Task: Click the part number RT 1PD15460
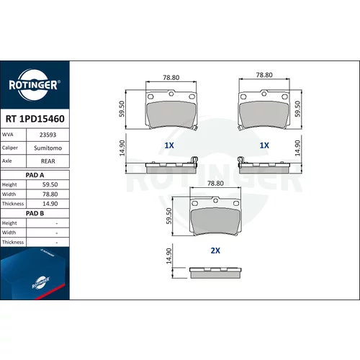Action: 35,119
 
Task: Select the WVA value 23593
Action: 48,135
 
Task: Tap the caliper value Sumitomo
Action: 48,148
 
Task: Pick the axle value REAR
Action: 48,161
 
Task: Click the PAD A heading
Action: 35,175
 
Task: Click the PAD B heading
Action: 35,213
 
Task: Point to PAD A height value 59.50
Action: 50,184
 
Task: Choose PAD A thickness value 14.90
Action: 50,204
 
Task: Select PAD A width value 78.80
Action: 50,194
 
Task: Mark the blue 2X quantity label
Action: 215,251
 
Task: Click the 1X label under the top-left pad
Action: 169,145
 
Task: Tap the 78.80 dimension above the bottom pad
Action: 215,184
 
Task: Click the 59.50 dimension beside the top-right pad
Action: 297,109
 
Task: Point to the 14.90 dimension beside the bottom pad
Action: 169,256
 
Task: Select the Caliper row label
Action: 10,148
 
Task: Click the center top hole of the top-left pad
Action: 171,94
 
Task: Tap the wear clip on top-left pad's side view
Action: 194,162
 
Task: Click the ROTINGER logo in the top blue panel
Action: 35,85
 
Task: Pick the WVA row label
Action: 8,135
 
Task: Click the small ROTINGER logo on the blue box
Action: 40,283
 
